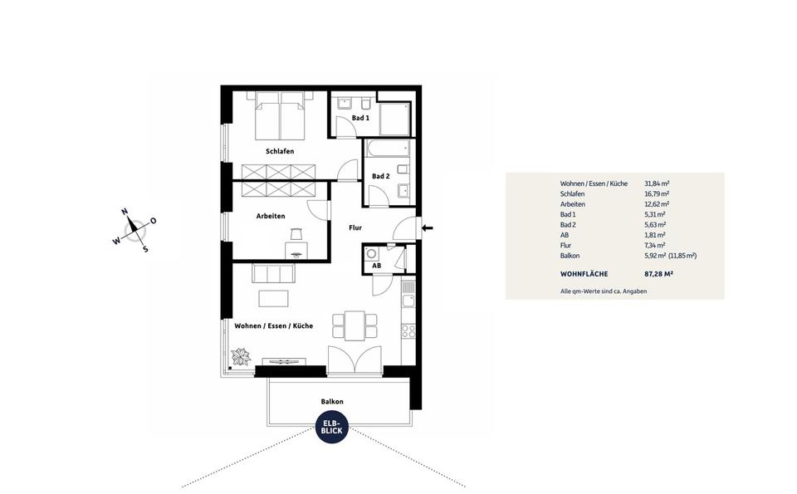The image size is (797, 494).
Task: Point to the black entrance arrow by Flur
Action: pos(428,227)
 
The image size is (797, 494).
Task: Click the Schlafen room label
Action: pos(280,151)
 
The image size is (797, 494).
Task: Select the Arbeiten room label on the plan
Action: pos(271,216)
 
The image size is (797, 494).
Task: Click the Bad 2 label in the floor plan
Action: pos(380,176)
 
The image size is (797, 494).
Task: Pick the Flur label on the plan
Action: pos(354,227)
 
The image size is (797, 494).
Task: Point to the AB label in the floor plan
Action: pos(376,266)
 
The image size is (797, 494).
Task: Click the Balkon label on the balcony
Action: pos(332,401)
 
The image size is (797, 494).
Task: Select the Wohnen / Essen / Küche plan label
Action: pos(273,326)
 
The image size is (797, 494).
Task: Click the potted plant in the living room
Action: pos(241,357)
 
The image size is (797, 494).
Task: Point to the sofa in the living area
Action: pos(274,273)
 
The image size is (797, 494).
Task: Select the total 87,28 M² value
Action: pos(658,273)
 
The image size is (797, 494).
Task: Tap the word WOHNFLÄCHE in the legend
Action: pos(584,273)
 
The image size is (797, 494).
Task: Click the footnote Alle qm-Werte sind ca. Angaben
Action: pos(604,291)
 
